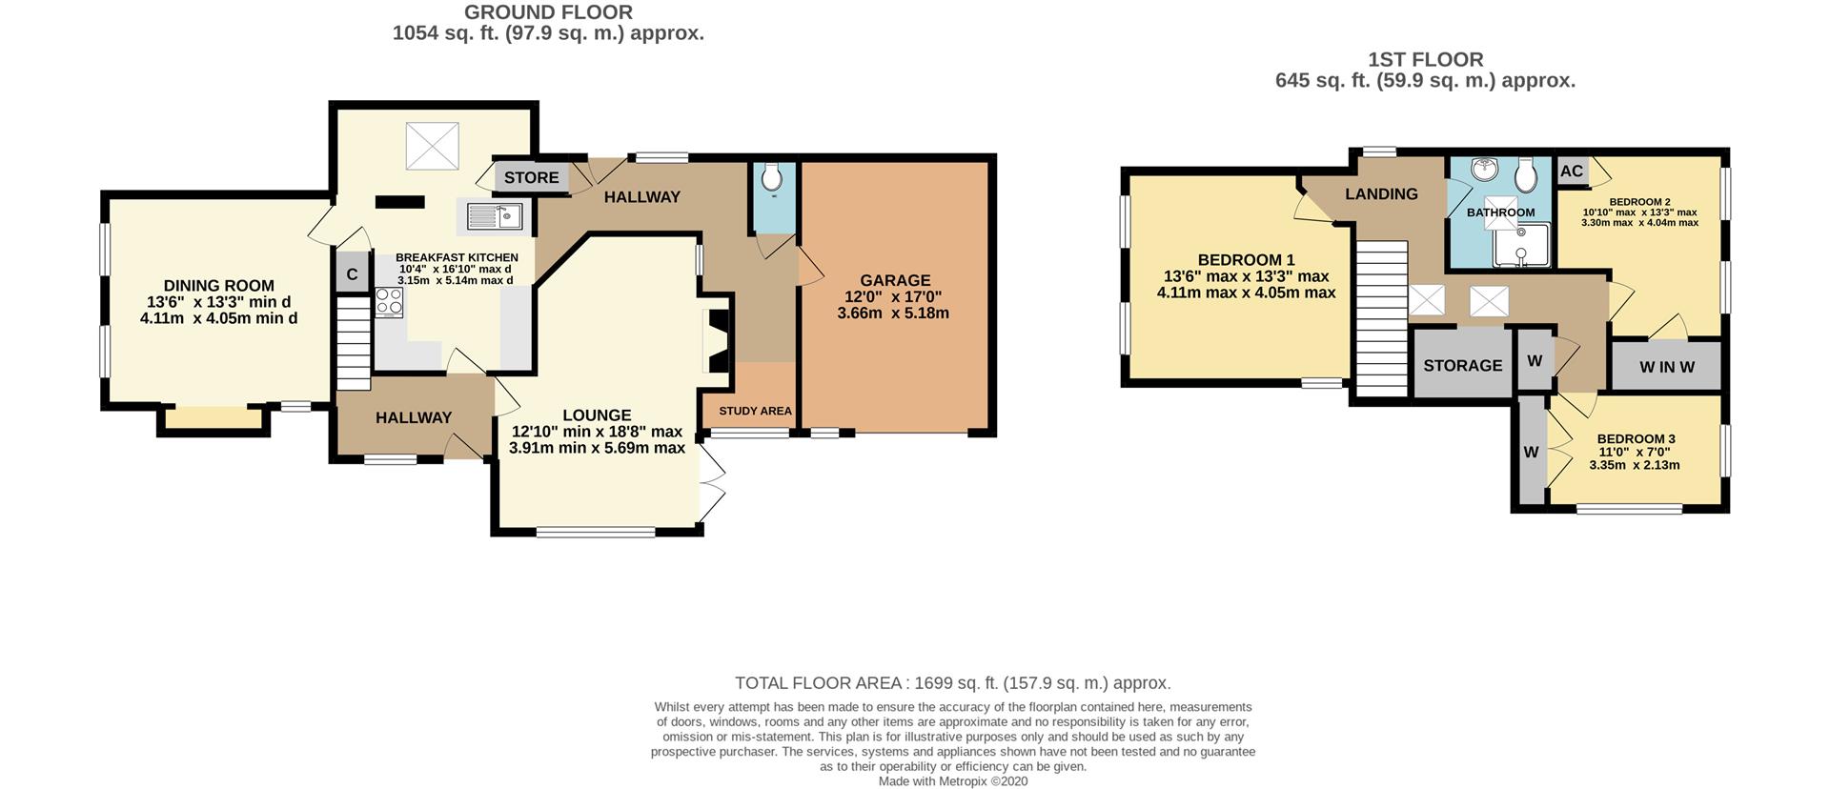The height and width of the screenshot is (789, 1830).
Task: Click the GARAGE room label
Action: pyautogui.click(x=895, y=280)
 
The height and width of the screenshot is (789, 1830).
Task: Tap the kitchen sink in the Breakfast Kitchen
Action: pyautogui.click(x=495, y=216)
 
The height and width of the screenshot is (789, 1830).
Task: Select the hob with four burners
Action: pyautogui.click(x=389, y=302)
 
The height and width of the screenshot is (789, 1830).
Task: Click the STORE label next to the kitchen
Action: pyautogui.click(x=532, y=177)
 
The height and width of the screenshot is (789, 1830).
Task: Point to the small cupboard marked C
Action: pyautogui.click(x=352, y=274)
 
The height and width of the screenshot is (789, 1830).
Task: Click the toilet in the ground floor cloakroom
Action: pyautogui.click(x=773, y=178)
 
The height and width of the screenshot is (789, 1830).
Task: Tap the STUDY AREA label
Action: pyautogui.click(x=755, y=411)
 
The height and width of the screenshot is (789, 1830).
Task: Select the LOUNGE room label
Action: pyautogui.click(x=597, y=415)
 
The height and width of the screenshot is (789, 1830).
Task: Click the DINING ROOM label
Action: pyautogui.click(x=219, y=286)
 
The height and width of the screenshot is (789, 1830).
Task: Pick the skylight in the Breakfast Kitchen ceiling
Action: pyautogui.click(x=433, y=146)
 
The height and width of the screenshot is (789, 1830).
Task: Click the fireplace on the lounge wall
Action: pyautogui.click(x=716, y=340)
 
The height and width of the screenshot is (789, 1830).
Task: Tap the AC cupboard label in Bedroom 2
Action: pyautogui.click(x=1572, y=172)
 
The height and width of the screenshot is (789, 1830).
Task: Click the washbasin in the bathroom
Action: pyautogui.click(x=1485, y=170)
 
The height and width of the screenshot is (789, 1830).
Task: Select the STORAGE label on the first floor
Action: pyautogui.click(x=1463, y=366)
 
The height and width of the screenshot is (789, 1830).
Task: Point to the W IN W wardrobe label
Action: pyautogui.click(x=1667, y=367)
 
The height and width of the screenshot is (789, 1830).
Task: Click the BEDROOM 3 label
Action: pyautogui.click(x=1637, y=439)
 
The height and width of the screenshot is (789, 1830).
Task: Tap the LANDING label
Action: pyautogui.click(x=1381, y=194)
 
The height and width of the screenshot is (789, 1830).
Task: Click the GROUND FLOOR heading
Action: pyautogui.click(x=548, y=12)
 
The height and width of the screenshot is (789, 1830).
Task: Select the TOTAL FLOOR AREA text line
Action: pyautogui.click(x=953, y=683)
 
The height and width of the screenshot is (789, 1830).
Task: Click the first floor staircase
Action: pyautogui.click(x=1382, y=318)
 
